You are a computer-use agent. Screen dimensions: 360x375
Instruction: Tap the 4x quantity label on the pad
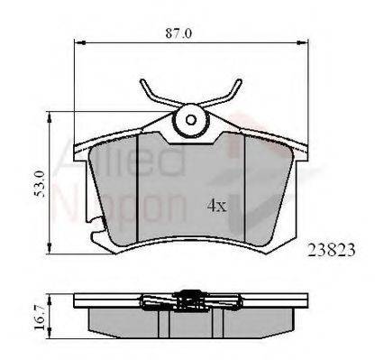click(215, 205)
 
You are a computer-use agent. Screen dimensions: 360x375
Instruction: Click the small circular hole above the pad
click(190, 116)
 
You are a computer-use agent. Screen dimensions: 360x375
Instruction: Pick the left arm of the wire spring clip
click(155, 96)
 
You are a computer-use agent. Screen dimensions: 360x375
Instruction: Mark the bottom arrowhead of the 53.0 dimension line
click(49, 249)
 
